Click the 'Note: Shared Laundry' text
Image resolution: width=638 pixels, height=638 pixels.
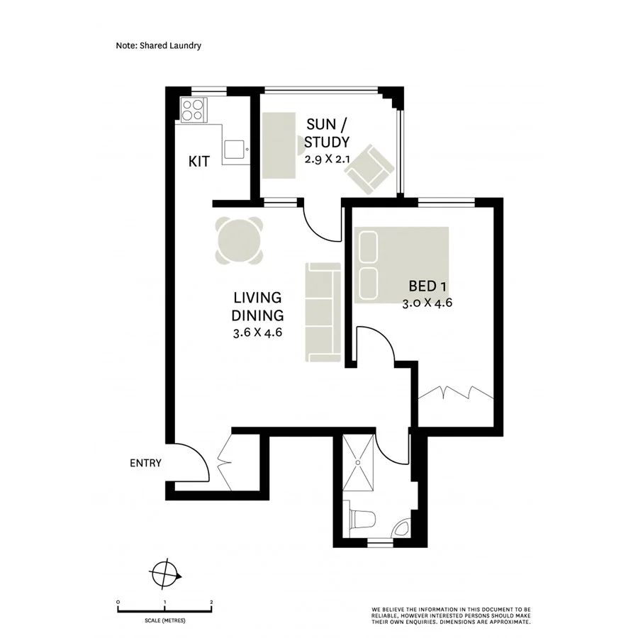pyautogui.click(x=159, y=45)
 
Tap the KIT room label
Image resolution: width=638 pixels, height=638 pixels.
pyautogui.click(x=198, y=162)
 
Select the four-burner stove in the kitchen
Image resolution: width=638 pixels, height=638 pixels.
pyautogui.click(x=192, y=110)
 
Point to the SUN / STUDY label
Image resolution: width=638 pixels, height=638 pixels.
pyautogui.click(x=327, y=133)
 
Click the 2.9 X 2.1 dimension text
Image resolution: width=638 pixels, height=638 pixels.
pyautogui.click(x=327, y=159)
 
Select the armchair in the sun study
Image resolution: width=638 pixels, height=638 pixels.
pyautogui.click(x=370, y=170)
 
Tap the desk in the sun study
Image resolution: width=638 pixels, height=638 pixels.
pyautogui.click(x=279, y=145)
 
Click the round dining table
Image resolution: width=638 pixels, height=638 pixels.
pyautogui.click(x=240, y=240)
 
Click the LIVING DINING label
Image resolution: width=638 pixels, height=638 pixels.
pyautogui.click(x=258, y=306)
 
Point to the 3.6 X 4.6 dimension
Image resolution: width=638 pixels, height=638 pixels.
pyautogui.click(x=258, y=333)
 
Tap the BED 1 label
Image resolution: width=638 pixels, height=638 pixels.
pyautogui.click(x=427, y=286)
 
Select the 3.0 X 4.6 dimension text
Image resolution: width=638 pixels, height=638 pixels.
pyautogui.click(x=427, y=303)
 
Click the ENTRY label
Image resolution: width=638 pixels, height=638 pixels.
pyautogui.click(x=145, y=464)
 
